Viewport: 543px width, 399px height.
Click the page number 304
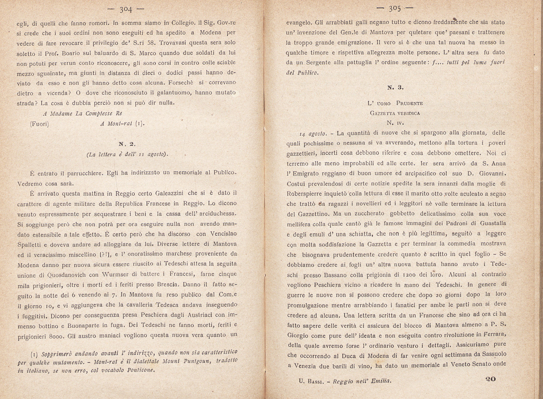pyautogui.click(x=126, y=10)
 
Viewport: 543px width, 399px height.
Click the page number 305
pyautogui.click(x=395, y=9)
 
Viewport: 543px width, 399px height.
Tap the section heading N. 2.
pyautogui.click(x=127, y=144)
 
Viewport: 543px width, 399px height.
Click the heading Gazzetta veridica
pyautogui.click(x=395, y=113)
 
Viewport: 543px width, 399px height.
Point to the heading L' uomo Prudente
pyautogui.click(x=395, y=103)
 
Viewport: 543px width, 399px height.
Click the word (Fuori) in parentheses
pyautogui.click(x=39, y=124)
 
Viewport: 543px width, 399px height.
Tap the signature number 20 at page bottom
pyautogui.click(x=490, y=379)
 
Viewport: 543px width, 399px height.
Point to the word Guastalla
pyautogui.click(x=493, y=223)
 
